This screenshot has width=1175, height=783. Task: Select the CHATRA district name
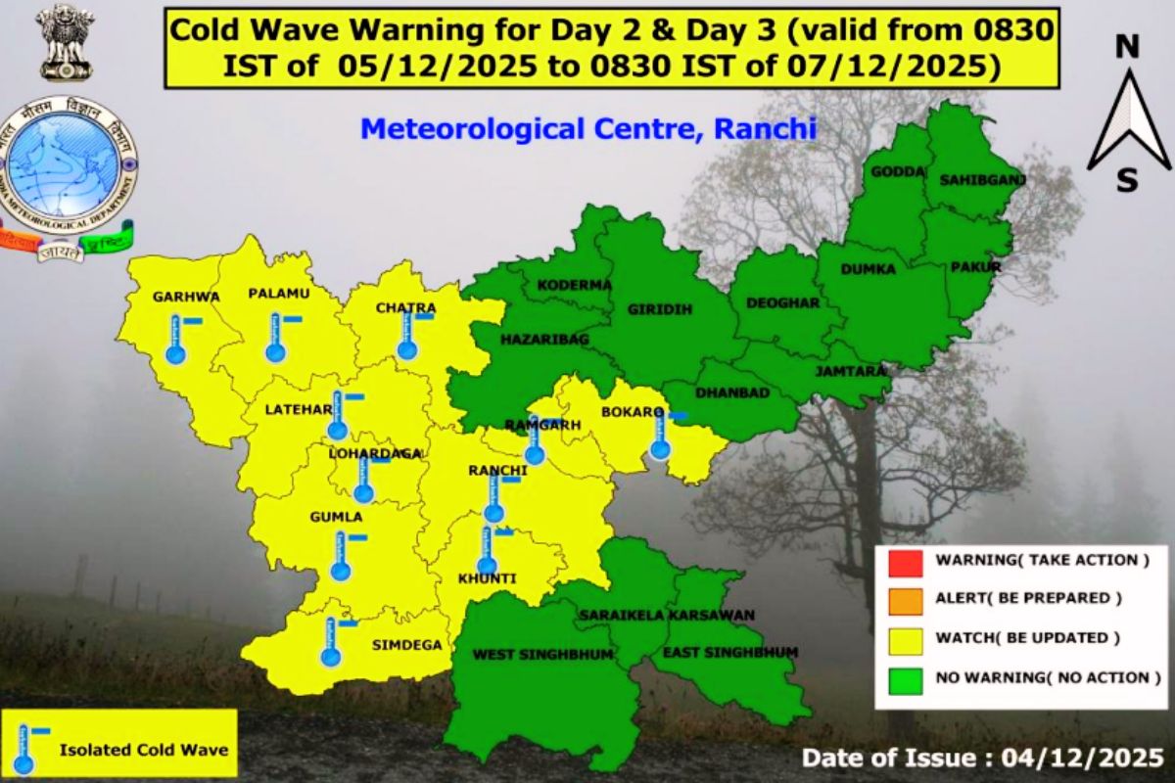pyautogui.click(x=405, y=308)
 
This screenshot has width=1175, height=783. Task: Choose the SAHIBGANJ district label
pyautogui.click(x=968, y=180)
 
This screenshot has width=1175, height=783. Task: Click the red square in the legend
pyautogui.click(x=907, y=562)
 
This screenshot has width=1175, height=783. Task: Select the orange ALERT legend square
pyautogui.click(x=907, y=598)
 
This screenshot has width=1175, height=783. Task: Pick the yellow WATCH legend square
pyautogui.click(x=907, y=638)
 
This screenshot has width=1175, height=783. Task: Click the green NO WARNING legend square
pyautogui.click(x=907, y=676)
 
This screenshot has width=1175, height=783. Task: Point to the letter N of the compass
pyautogui.click(x=1128, y=45)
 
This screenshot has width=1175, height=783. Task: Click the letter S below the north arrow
pyautogui.click(x=1128, y=181)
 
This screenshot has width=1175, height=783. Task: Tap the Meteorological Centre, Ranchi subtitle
pyautogui.click(x=587, y=128)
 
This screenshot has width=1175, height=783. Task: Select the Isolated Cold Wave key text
pyautogui.click(x=144, y=750)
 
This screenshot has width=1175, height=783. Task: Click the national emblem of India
pyautogui.click(x=67, y=42)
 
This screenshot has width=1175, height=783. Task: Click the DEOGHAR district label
pyautogui.click(x=782, y=302)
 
